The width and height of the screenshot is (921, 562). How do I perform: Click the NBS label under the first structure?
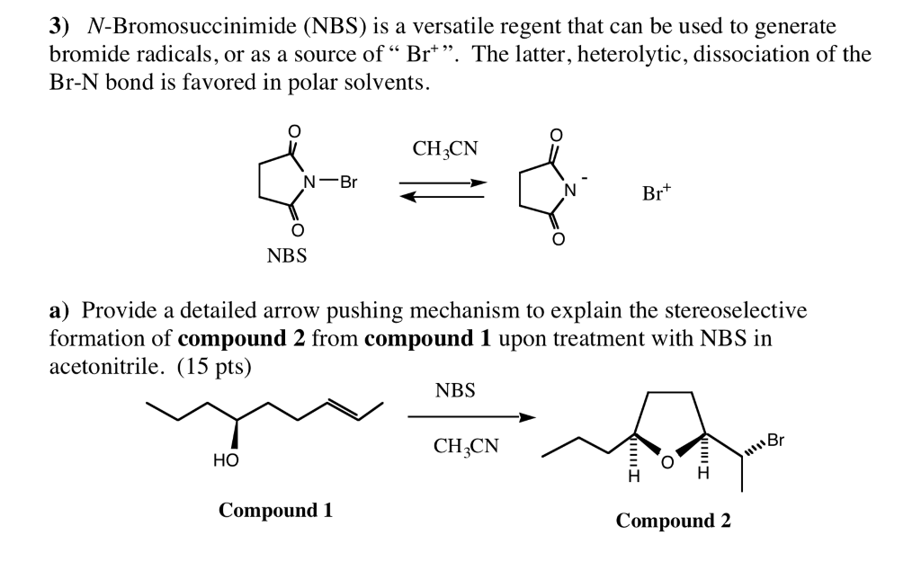tap(286, 256)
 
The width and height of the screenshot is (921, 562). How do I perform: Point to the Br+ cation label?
tap(657, 192)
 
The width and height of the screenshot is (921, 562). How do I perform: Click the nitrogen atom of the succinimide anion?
tap(568, 190)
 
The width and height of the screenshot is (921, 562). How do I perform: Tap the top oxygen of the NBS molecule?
tap(292, 131)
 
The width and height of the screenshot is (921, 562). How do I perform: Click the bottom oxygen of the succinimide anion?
tap(557, 240)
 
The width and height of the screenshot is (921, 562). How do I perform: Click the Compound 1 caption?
tap(275, 511)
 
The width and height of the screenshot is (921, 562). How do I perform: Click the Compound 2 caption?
tap(673, 520)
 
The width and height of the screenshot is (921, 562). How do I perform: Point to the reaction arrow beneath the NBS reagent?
tap(471, 417)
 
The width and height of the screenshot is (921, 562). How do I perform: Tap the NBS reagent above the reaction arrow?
tap(455, 391)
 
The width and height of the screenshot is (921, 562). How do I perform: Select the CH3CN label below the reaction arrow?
tap(465, 446)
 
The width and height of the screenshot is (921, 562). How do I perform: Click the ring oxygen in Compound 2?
tap(666, 462)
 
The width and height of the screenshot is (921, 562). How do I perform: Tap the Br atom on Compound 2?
tap(775, 441)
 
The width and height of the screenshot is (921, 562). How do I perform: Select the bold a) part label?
tap(59, 311)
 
